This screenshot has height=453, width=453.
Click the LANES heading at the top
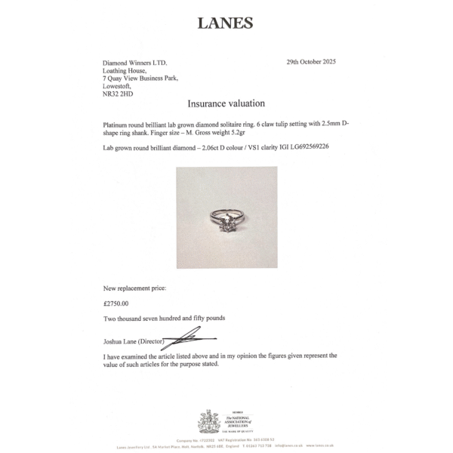(225, 23)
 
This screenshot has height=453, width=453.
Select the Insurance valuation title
(226, 103)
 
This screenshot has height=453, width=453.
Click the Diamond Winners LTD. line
(135, 63)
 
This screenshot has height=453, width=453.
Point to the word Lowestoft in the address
(119, 86)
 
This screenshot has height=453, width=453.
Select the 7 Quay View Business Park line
(141, 79)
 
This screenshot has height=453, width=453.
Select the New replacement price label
(134, 288)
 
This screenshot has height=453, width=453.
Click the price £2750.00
(116, 304)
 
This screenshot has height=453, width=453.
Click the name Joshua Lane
(122, 341)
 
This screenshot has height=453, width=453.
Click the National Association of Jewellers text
(239, 421)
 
